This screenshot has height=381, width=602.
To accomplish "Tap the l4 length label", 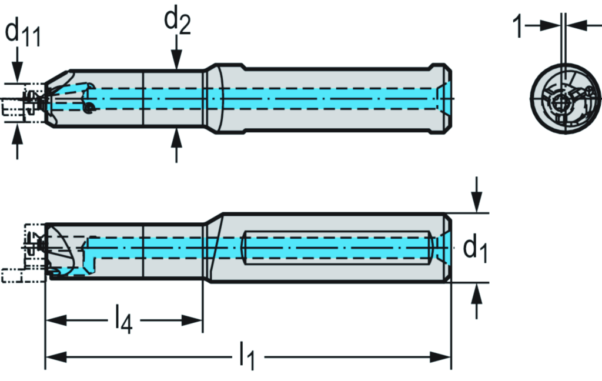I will (x=123, y=320).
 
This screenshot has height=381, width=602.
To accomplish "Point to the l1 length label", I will (x=248, y=358).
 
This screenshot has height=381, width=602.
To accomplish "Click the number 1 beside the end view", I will (x=517, y=26).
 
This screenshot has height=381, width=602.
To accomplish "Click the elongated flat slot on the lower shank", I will (x=335, y=248).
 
